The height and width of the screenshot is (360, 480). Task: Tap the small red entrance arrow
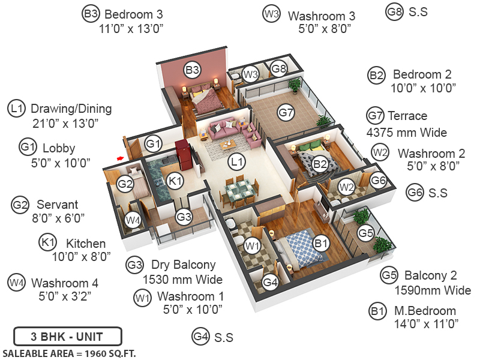120,158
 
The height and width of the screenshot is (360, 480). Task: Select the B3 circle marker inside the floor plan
192,71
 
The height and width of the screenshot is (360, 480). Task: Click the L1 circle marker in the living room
237,161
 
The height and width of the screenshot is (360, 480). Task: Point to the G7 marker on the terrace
286,112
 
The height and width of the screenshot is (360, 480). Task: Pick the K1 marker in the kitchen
175,181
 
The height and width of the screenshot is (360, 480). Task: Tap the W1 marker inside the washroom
252,245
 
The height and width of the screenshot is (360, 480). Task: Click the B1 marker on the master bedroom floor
321,243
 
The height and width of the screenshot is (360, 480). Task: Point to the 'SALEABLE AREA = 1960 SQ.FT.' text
69,353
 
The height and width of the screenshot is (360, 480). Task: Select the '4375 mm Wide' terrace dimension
407,133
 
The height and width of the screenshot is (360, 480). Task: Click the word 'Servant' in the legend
58,205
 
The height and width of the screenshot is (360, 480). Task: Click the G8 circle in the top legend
394,12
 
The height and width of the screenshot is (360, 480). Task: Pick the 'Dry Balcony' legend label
183,265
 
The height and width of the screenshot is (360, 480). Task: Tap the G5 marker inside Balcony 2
365,233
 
